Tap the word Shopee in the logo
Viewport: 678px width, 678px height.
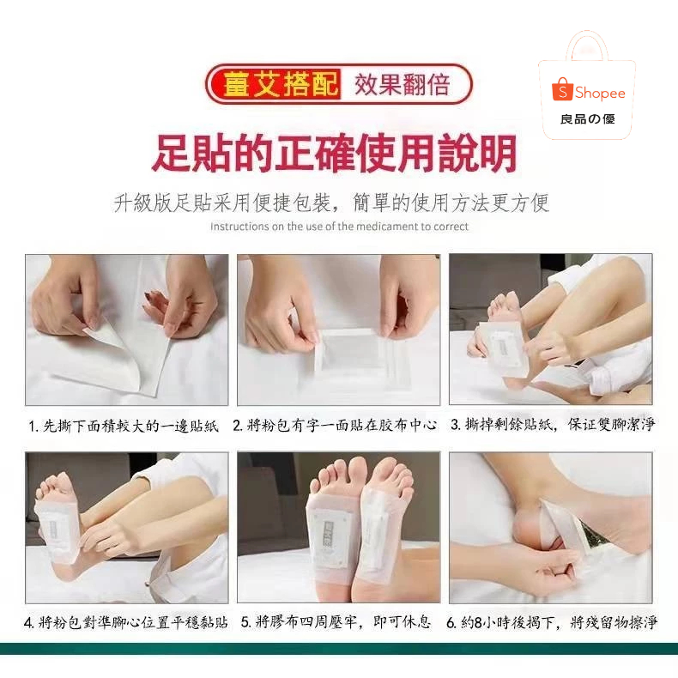[600, 93]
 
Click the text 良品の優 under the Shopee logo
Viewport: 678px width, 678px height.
[588, 119]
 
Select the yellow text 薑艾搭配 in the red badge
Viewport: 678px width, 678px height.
[280, 84]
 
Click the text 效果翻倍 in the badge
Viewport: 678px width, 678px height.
[403, 84]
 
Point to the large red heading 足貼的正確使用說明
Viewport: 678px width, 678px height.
[334, 154]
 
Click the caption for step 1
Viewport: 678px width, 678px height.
[124, 426]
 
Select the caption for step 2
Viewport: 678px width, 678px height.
[335, 426]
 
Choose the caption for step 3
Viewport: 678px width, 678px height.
[553, 425]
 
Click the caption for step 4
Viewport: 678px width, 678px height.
[126, 622]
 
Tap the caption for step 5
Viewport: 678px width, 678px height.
[336, 622]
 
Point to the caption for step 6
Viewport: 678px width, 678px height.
[552, 622]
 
